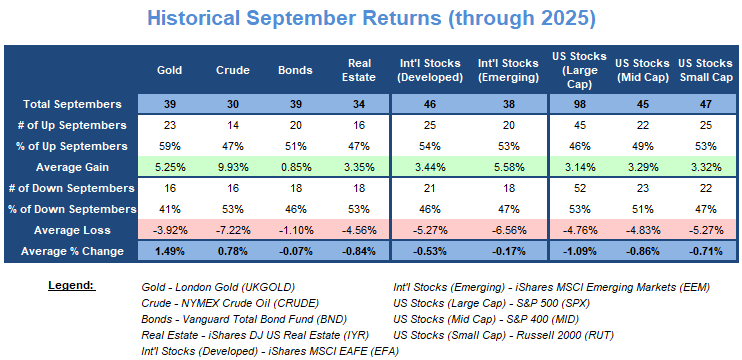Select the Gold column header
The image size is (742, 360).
point(169,70)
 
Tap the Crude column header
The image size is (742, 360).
point(233,70)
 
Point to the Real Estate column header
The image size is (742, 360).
point(359,70)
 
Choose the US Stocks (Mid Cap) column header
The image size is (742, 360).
point(642,70)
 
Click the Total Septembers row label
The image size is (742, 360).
point(71,104)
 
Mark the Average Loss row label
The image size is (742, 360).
point(72,230)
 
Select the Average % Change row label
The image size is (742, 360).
point(71,251)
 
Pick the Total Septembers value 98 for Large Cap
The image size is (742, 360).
point(579,104)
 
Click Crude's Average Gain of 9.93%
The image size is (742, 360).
point(233,167)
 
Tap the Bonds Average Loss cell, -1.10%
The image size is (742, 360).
point(296,230)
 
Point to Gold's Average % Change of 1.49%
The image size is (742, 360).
point(169,251)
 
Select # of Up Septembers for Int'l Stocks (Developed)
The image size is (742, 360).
point(429,125)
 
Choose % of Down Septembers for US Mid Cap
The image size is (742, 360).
point(642,209)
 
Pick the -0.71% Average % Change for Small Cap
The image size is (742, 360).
point(706,251)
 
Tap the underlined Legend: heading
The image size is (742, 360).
point(72,286)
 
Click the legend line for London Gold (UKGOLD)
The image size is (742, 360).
point(218,287)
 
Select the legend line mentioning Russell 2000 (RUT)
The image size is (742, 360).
point(504,335)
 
